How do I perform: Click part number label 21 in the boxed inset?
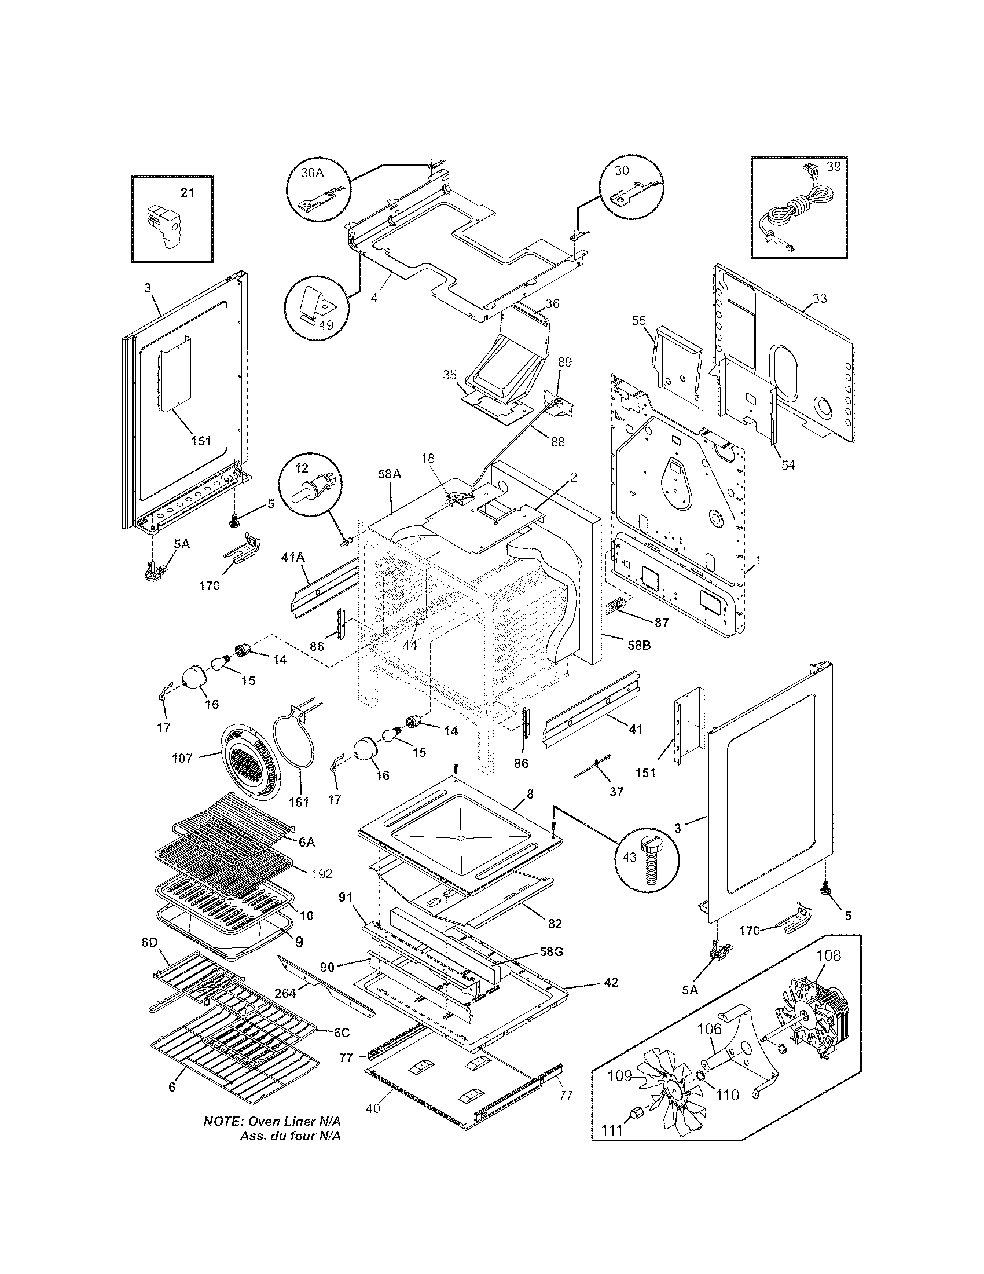tap(187, 192)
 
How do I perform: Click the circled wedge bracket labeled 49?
tap(318, 307)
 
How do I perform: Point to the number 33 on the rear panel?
tap(820, 299)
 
